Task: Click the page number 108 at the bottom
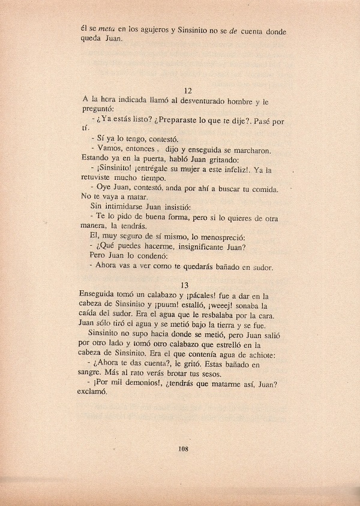tap(184, 464)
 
